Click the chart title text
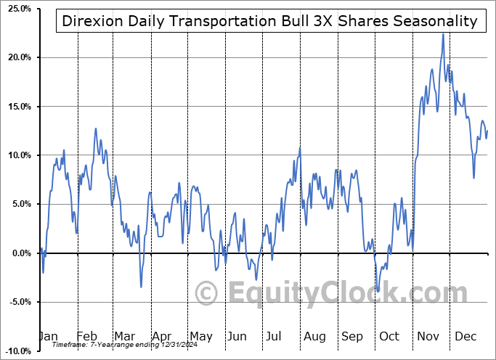[269, 21]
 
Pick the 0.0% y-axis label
[18, 253]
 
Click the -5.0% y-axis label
[17, 302]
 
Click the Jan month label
[49, 337]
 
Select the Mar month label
[123, 337]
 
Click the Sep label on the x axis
[352, 337]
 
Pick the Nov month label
[428, 337]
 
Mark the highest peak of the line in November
[442, 33]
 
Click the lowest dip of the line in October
[378, 292]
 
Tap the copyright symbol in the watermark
[208, 293]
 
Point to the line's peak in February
[95, 128]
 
